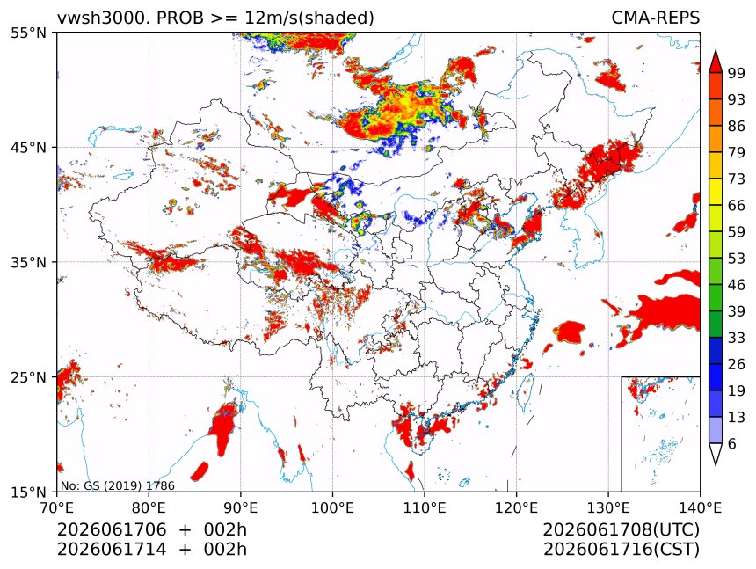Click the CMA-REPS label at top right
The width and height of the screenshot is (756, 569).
point(655,18)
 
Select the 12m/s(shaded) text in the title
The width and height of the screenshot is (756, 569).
point(309,18)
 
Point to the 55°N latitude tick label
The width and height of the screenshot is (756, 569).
point(28,33)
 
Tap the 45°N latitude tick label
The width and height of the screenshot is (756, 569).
point(28,147)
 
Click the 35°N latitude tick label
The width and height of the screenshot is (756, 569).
point(28,262)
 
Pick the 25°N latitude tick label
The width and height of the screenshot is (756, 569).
point(28,377)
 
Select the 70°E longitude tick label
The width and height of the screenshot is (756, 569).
point(57,507)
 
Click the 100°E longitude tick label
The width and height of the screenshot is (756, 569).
point(332,507)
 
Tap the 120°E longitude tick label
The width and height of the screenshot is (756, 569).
point(516,507)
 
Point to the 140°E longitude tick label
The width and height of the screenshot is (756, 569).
point(700,507)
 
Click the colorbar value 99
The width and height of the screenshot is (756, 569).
point(737,73)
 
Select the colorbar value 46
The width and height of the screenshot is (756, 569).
point(737,285)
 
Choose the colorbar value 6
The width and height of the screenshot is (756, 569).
point(732,443)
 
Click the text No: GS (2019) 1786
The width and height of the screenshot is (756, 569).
point(117,485)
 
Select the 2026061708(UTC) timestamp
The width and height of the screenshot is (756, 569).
point(621,529)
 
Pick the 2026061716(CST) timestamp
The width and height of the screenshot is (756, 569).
point(621,550)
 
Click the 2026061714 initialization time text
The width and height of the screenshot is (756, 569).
point(112,550)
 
